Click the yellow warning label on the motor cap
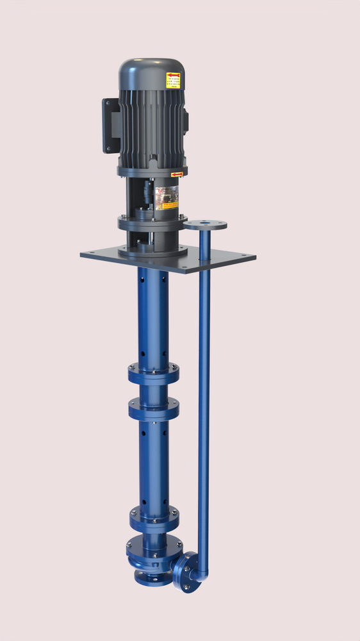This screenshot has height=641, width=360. coord(173,80)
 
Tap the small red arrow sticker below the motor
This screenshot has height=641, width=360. coord(177,174)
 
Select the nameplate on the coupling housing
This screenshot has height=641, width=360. coord(167,198)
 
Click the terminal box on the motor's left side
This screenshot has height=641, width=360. coord(110,125)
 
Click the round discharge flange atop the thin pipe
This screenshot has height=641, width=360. coord(205,225)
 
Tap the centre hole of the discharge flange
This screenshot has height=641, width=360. coord(205,224)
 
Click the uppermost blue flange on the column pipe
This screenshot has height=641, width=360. coord(153,373)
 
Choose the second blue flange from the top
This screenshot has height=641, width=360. coord(153,408)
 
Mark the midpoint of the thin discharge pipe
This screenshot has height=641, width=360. coord(204,391)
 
